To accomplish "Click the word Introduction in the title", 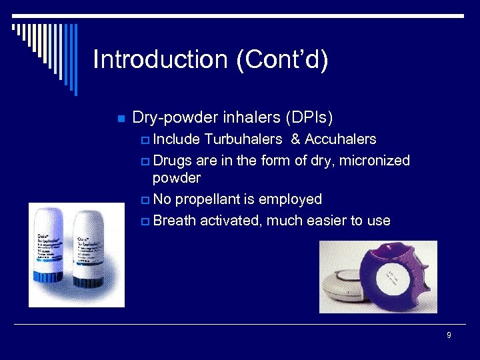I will (161, 59).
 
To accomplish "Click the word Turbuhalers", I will (243, 140).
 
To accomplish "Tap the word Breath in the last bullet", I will (174, 221).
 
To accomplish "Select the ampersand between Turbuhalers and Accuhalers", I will (295, 140).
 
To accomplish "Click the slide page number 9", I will (449, 335).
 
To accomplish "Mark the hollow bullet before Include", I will (145, 141).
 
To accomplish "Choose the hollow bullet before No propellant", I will (145, 200).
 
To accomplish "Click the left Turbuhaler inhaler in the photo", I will (50, 253).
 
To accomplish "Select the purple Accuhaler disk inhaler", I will (400, 277).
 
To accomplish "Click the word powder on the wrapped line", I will (176, 178).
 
